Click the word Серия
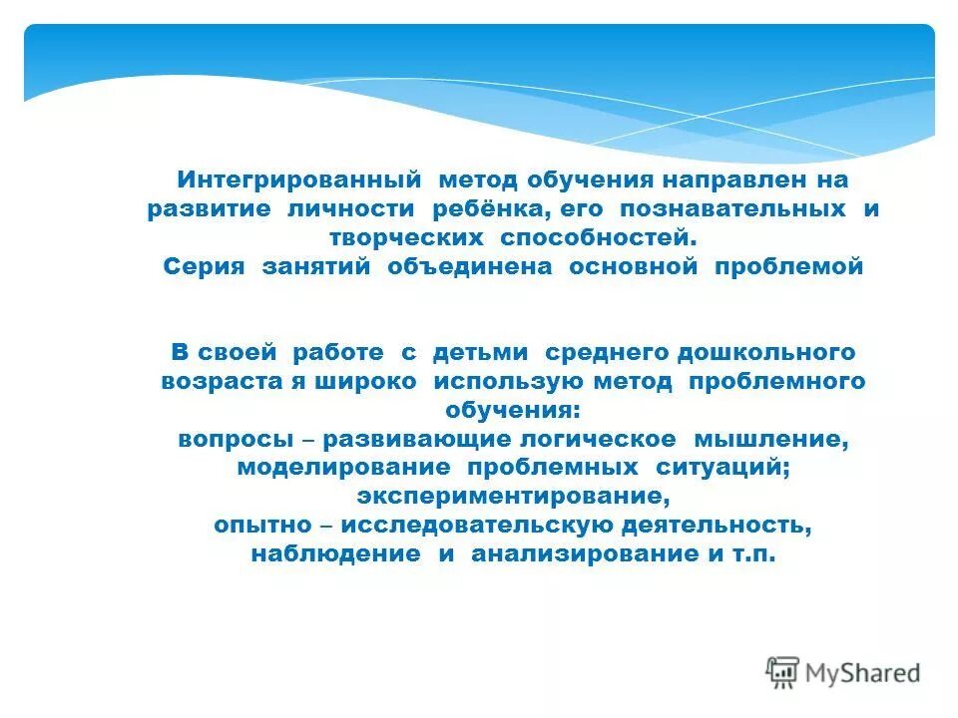[x=206, y=267]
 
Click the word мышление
[x=774, y=439]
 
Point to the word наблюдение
[x=335, y=554]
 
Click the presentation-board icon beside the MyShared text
[x=783, y=673]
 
